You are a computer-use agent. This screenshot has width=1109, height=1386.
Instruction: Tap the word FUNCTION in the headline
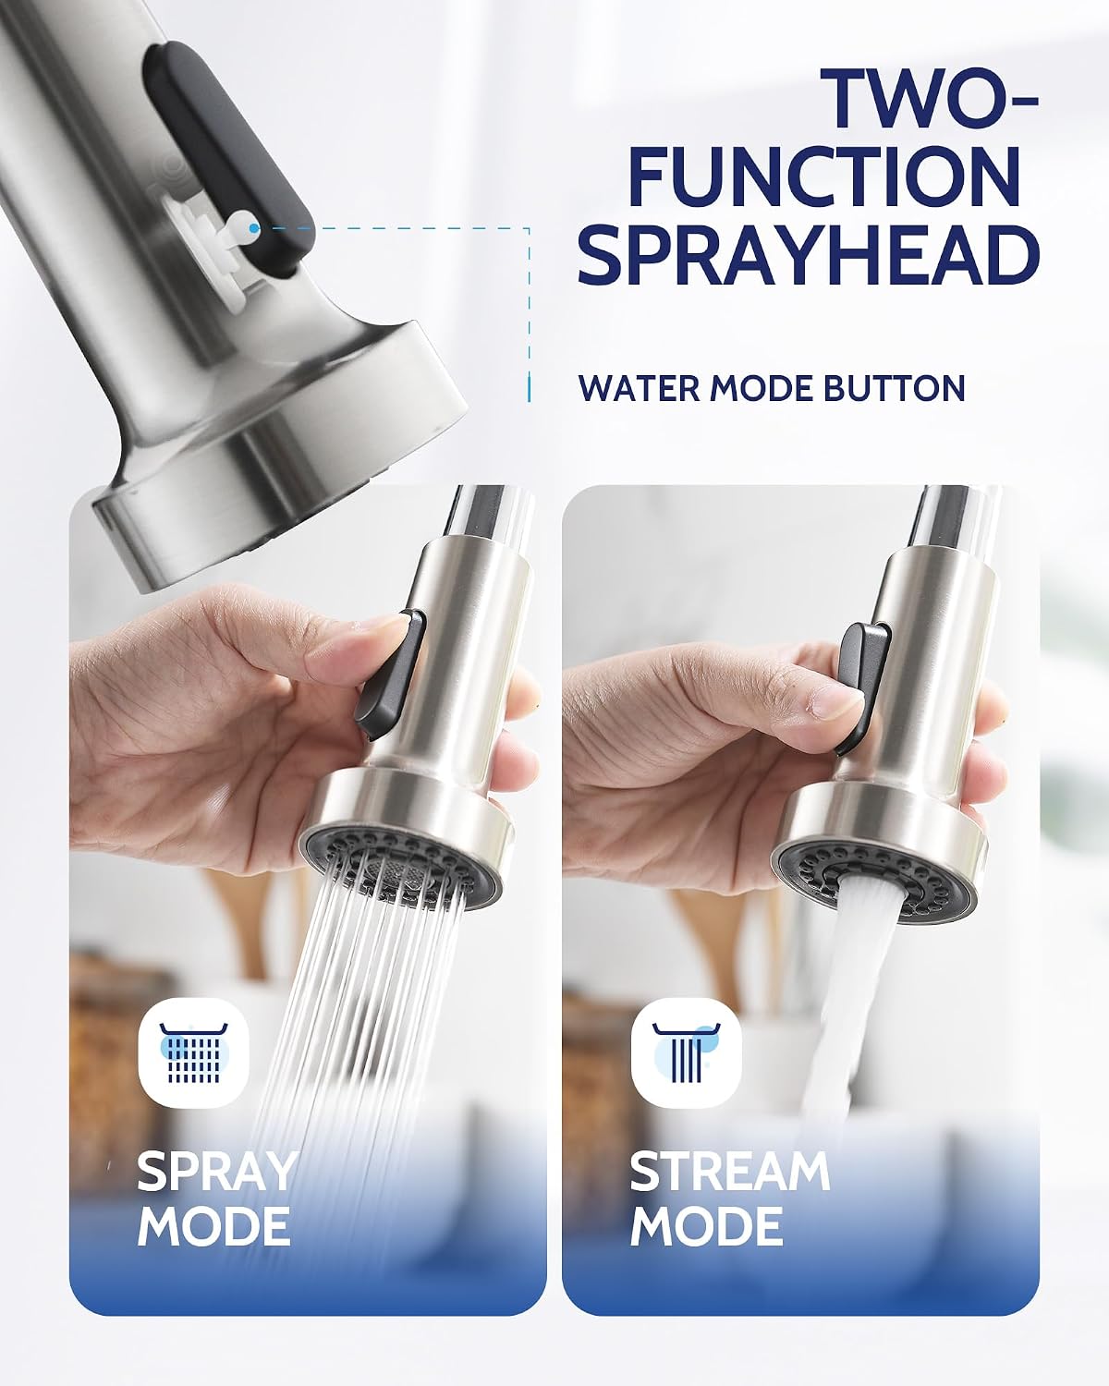pos(825,176)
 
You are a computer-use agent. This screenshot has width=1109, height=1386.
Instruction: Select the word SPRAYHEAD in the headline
pos(809,253)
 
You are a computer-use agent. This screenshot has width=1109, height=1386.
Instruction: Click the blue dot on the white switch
pos(254,227)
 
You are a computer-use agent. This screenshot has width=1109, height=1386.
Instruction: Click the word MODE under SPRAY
pos(213,1226)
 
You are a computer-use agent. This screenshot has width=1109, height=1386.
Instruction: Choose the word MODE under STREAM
pos(706,1226)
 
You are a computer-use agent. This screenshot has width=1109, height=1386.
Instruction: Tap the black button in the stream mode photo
pos(862,686)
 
